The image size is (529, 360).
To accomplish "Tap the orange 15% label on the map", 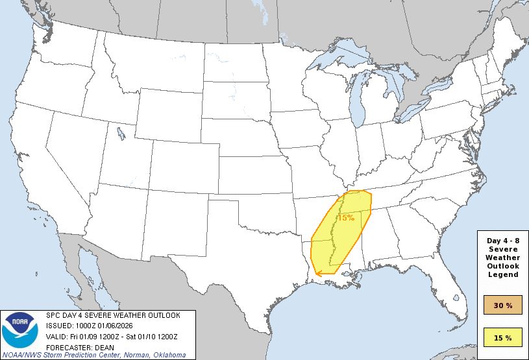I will point(345,217).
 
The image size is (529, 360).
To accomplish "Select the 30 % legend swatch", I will point(503,306).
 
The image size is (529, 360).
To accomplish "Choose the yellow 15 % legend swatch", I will point(503,337).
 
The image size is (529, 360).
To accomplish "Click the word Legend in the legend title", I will point(503,274).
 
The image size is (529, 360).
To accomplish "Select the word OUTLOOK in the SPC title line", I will point(162,315).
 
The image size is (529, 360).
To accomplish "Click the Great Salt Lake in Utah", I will point(121,134).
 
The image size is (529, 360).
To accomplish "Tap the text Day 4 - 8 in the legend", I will point(503,241).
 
